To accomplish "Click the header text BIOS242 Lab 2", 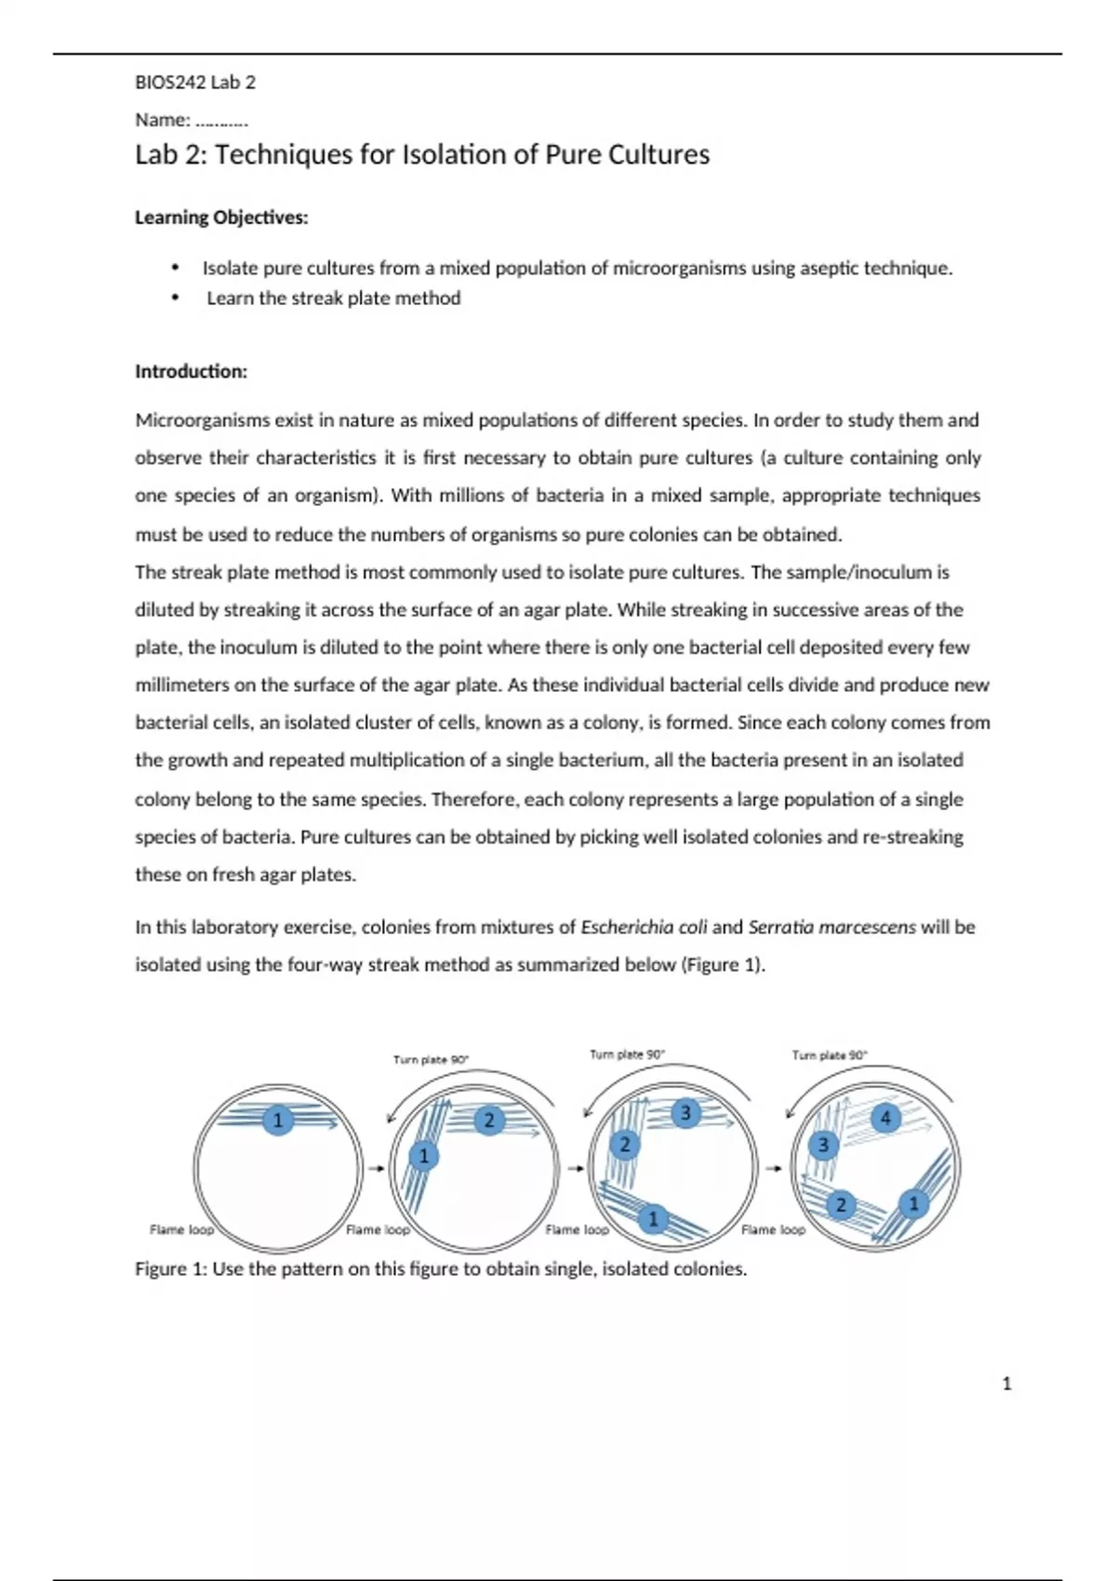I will click(x=195, y=82).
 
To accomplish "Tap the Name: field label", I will click(x=163, y=120).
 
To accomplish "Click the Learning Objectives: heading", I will click(x=221, y=218).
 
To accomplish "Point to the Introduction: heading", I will click(x=192, y=372).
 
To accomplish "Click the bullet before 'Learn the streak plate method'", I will click(x=175, y=299).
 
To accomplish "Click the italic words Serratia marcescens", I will click(x=831, y=927).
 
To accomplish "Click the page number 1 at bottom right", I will click(x=1006, y=1384).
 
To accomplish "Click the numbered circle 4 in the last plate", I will click(x=885, y=1117).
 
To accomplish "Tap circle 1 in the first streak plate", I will click(x=277, y=1120).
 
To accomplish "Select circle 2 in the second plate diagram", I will click(x=489, y=1121).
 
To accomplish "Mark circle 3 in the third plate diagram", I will click(x=685, y=1112).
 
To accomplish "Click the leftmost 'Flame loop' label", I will click(x=181, y=1229).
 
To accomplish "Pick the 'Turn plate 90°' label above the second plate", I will click(x=431, y=1059).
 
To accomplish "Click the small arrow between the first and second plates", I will click(x=376, y=1168).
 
